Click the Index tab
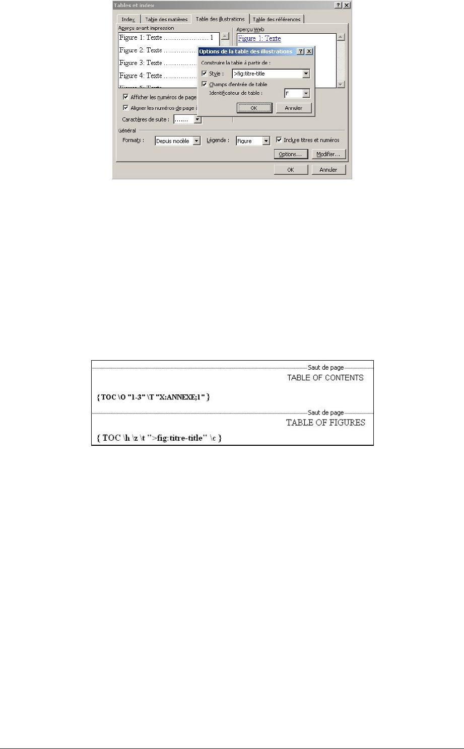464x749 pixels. coord(128,19)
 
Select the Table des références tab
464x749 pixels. coord(277,19)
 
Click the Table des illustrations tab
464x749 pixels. coord(220,19)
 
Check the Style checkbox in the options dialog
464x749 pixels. coord(204,74)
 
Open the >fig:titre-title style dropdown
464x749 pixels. coord(306,74)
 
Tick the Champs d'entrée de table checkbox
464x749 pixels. coord(204,84)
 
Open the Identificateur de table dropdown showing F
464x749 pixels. coord(305,94)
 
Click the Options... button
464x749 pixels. coord(290,154)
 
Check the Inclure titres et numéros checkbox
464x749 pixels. coord(279,140)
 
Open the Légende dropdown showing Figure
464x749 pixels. coord(267,142)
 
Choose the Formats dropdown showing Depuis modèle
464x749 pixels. coord(196,142)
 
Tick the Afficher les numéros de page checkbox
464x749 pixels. coord(126,97)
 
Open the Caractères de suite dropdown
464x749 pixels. coord(197,119)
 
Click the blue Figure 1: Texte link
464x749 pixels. coord(259,38)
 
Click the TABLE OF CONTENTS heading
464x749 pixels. coord(325,378)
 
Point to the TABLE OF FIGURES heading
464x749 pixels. coord(325,423)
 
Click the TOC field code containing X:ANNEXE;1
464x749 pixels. coord(153,397)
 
